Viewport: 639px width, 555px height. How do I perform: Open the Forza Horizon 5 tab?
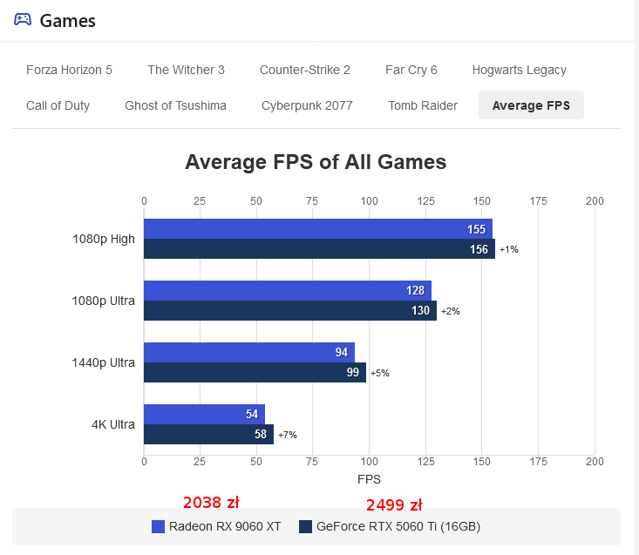point(69,70)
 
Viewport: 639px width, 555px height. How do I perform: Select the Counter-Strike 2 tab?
point(304,70)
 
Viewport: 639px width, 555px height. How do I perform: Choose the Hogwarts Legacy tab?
point(519,70)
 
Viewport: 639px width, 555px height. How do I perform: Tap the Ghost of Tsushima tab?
point(175,105)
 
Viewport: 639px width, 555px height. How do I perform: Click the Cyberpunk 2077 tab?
point(307,105)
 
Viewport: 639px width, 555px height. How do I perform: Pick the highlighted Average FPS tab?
point(531,105)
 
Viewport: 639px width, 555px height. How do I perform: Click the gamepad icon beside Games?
point(23,20)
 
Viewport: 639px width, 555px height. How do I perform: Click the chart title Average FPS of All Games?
point(316,162)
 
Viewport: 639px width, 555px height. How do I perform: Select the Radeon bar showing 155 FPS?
point(317,229)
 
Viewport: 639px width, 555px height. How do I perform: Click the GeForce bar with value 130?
point(289,311)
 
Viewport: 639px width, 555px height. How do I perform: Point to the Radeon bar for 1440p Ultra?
point(248,352)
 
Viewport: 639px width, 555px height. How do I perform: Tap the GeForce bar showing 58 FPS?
point(208,434)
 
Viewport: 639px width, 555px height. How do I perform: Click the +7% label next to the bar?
point(287,435)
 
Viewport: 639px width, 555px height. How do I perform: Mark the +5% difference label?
point(379,373)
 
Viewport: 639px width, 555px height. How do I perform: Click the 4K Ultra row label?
point(113,425)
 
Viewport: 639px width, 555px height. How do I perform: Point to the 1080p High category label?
point(104,239)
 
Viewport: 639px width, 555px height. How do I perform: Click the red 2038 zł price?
point(211,503)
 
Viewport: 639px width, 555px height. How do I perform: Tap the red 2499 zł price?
point(394,505)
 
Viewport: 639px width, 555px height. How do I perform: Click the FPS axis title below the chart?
point(369,479)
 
